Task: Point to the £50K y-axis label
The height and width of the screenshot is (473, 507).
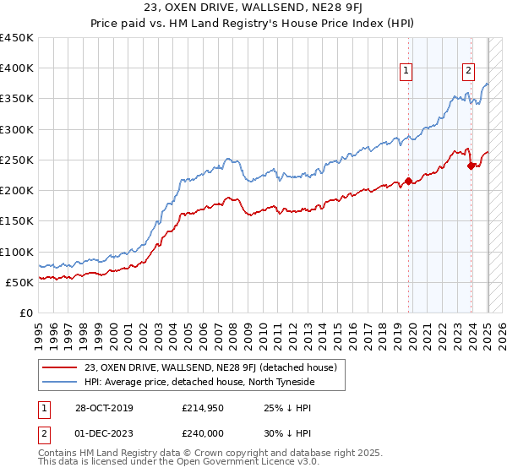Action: (19, 282)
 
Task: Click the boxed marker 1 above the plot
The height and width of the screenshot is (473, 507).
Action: (406, 72)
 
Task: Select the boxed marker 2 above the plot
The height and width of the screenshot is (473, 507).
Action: (467, 72)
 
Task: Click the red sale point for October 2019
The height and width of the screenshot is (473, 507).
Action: (408, 181)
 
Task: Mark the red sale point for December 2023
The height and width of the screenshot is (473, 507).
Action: (471, 166)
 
